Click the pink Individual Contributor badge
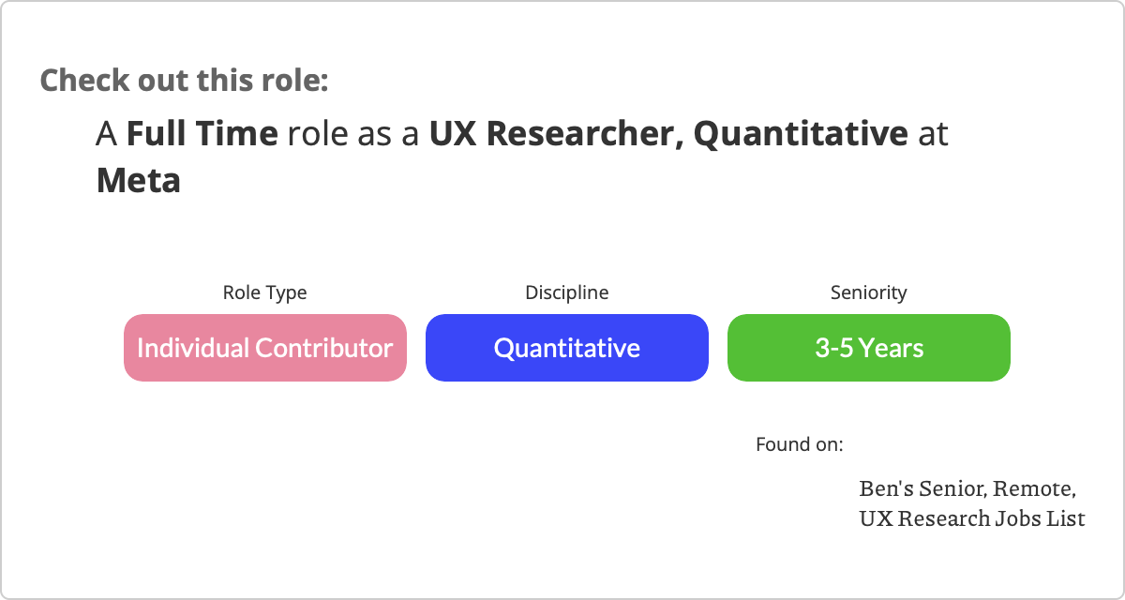click(265, 348)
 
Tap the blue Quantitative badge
click(567, 348)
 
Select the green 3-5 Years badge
click(869, 348)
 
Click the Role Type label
click(264, 292)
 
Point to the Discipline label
click(567, 292)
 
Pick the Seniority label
click(869, 292)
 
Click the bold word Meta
click(138, 180)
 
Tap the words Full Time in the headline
click(202, 133)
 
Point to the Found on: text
click(800, 444)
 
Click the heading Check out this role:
click(185, 81)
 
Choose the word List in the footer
click(1066, 518)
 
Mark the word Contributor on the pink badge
click(324, 348)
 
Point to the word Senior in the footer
click(953, 489)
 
